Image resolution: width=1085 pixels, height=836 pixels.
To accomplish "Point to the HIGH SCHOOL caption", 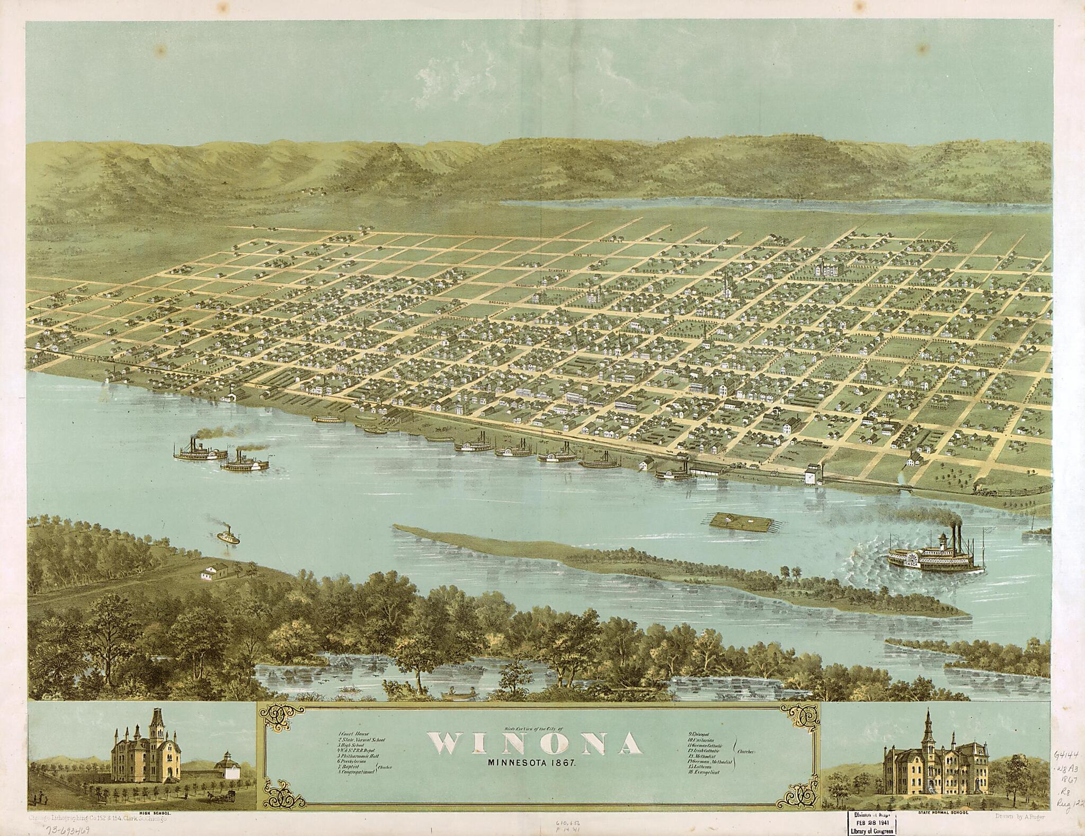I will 149,812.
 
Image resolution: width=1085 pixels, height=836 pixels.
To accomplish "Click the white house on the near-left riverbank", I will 215,586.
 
